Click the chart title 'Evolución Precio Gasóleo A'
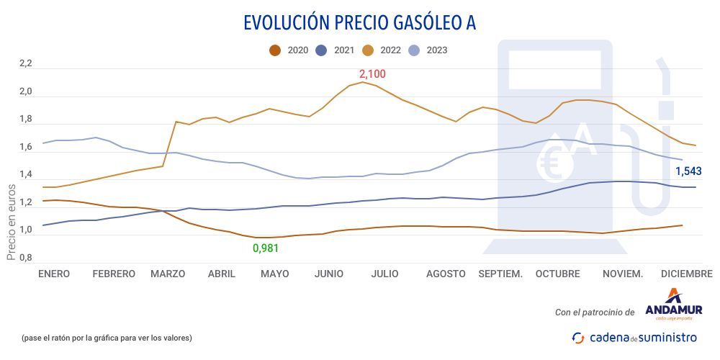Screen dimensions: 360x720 pos(359,22)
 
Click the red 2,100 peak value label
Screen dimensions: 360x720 pos(373,74)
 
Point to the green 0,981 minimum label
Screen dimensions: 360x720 pos(265,248)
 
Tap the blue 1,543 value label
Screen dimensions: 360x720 pos(688,171)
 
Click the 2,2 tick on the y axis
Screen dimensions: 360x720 pos(26,64)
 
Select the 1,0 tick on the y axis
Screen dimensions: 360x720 pos(26,230)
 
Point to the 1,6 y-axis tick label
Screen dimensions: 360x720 pos(26,148)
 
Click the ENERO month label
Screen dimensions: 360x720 pos(54,274)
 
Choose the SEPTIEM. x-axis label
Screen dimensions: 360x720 pos(500,274)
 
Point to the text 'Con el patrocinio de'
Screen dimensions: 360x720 pos(595,312)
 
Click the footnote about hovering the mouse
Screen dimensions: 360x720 pos(107,337)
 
